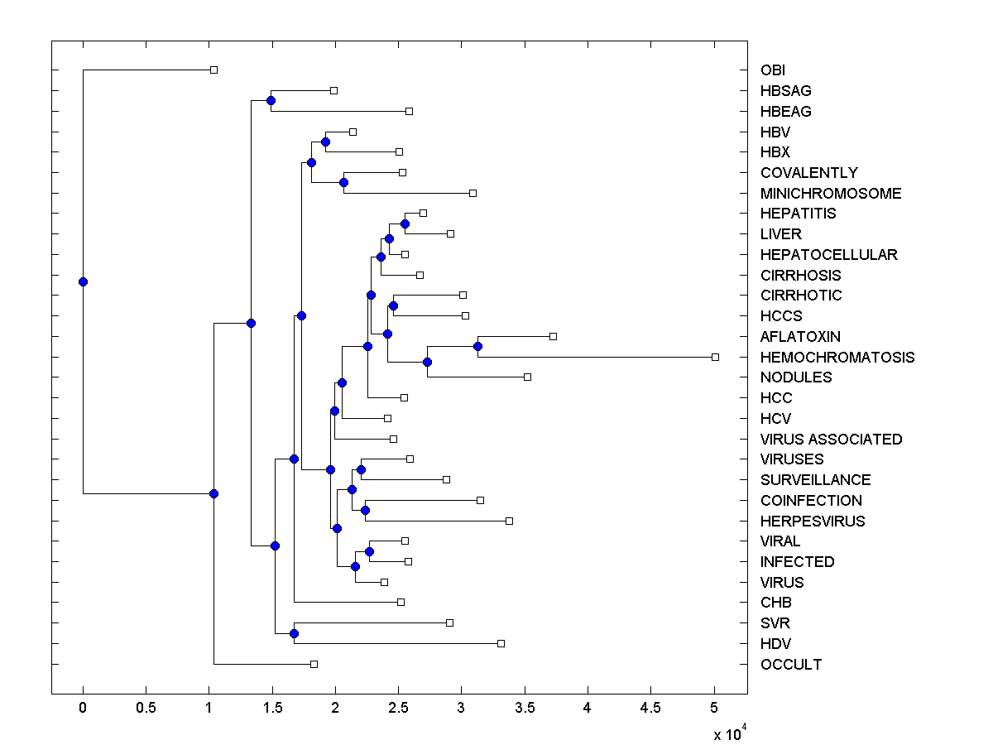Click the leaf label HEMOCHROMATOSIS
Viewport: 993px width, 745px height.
[x=837, y=358]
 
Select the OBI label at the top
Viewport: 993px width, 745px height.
[x=774, y=70]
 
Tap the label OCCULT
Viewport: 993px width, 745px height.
[x=791, y=665]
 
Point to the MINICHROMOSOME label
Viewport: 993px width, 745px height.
[x=831, y=194]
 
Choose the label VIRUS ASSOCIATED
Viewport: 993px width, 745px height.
[x=831, y=440]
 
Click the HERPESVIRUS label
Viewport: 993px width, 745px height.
[x=813, y=521]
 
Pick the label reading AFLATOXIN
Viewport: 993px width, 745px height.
[x=800, y=337]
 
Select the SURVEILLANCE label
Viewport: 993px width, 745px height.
[x=815, y=480]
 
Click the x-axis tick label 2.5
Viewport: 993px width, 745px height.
[x=398, y=709]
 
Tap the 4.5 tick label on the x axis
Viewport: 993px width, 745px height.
[x=650, y=709]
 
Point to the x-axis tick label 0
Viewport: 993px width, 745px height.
[x=83, y=709]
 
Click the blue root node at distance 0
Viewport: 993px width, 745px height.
[x=83, y=281]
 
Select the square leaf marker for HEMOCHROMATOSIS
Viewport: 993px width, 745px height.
[x=716, y=357]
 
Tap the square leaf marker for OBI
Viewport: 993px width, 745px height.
[x=213, y=70]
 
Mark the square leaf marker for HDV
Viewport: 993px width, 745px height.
[x=501, y=643]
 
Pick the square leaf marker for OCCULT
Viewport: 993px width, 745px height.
[x=314, y=664]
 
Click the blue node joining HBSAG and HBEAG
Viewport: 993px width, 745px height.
[x=271, y=100]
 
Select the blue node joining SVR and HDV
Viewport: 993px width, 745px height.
[x=294, y=633]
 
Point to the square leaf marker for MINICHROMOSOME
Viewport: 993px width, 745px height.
[x=473, y=193]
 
